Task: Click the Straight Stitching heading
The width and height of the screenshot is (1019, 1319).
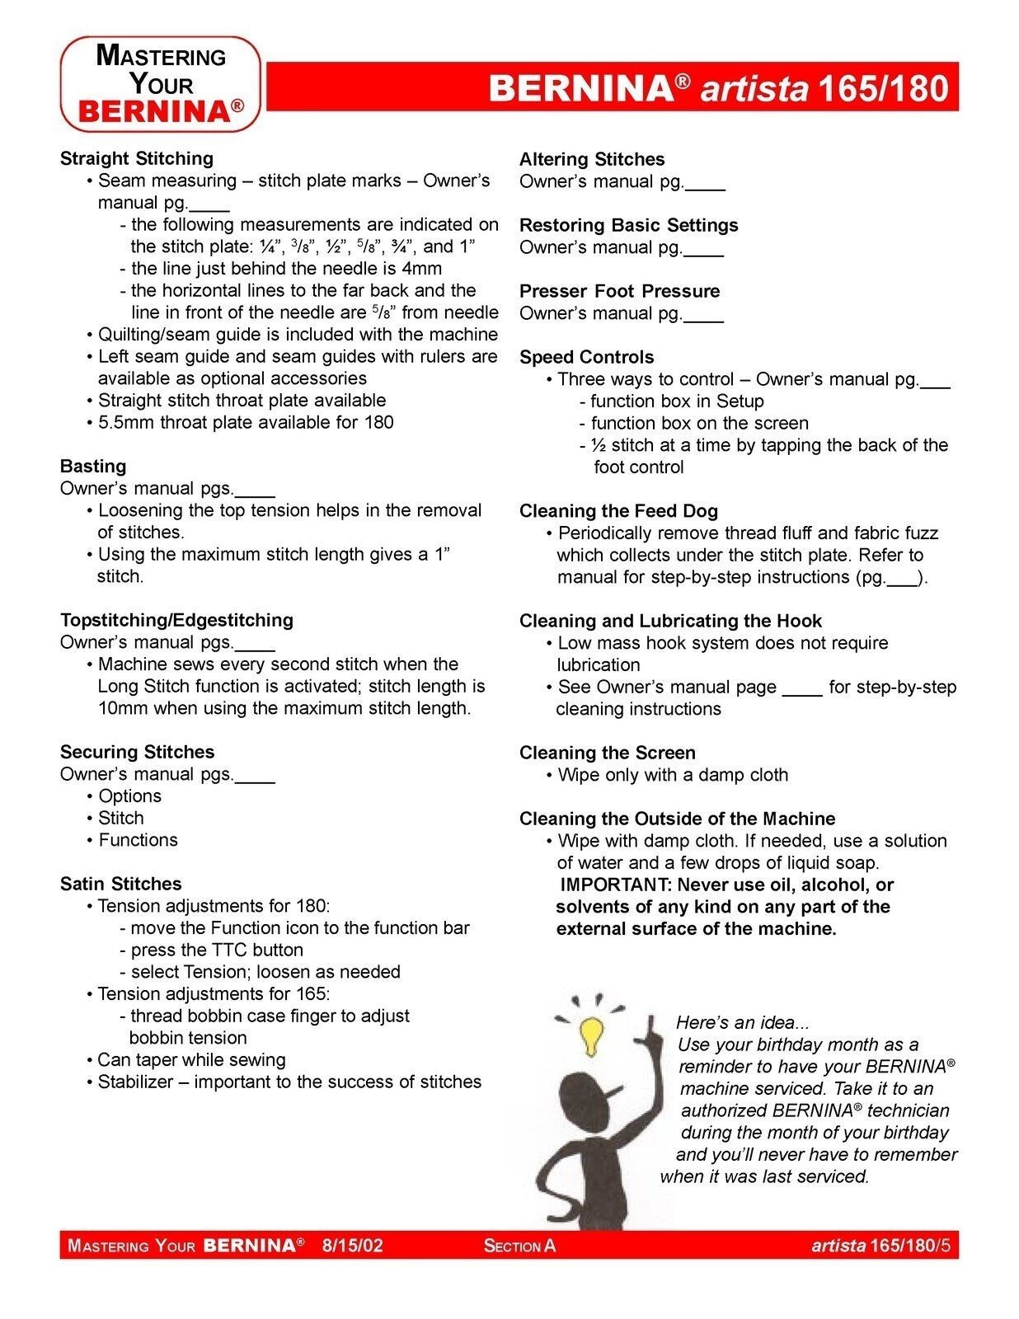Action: coord(137,158)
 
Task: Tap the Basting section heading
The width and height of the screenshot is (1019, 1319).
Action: coord(93,466)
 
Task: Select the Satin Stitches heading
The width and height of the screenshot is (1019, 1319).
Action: coord(121,884)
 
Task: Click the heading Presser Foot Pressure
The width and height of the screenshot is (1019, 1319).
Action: coord(619,291)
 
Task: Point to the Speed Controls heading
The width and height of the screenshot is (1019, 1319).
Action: coord(586,357)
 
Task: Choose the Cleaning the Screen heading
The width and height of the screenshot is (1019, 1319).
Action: coord(607,753)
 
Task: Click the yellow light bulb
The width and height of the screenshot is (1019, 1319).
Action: coord(590,1034)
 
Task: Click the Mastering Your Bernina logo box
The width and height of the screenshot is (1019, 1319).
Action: coord(161,84)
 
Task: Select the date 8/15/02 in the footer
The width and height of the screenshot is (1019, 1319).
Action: coord(352,1245)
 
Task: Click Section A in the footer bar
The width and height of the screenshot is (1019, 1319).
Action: coord(519,1246)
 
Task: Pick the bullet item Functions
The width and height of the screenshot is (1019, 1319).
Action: coord(138,840)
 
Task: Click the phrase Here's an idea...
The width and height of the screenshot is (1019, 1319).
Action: coord(742,1023)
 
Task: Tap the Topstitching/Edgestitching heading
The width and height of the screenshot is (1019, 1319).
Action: coord(176,620)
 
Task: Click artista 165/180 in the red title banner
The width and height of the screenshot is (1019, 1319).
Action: coord(824,87)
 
